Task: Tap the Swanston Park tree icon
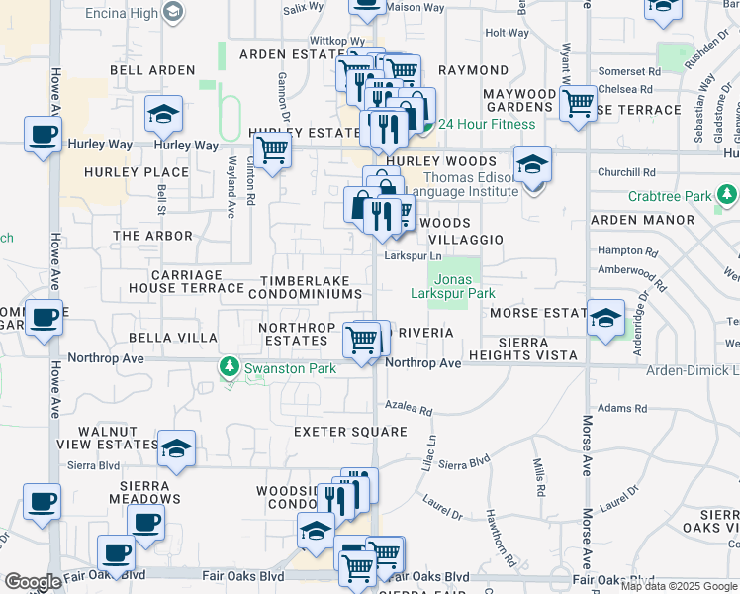[229, 368]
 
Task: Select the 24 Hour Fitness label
[486, 124]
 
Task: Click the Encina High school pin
[174, 11]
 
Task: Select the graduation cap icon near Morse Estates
[605, 318]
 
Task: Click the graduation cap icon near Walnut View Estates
[176, 448]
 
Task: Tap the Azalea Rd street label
[410, 409]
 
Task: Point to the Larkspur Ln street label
[412, 256]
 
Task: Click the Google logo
[33, 582]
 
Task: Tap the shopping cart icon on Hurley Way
[271, 150]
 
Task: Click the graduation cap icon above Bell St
[163, 114]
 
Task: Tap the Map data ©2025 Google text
[679, 586]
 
